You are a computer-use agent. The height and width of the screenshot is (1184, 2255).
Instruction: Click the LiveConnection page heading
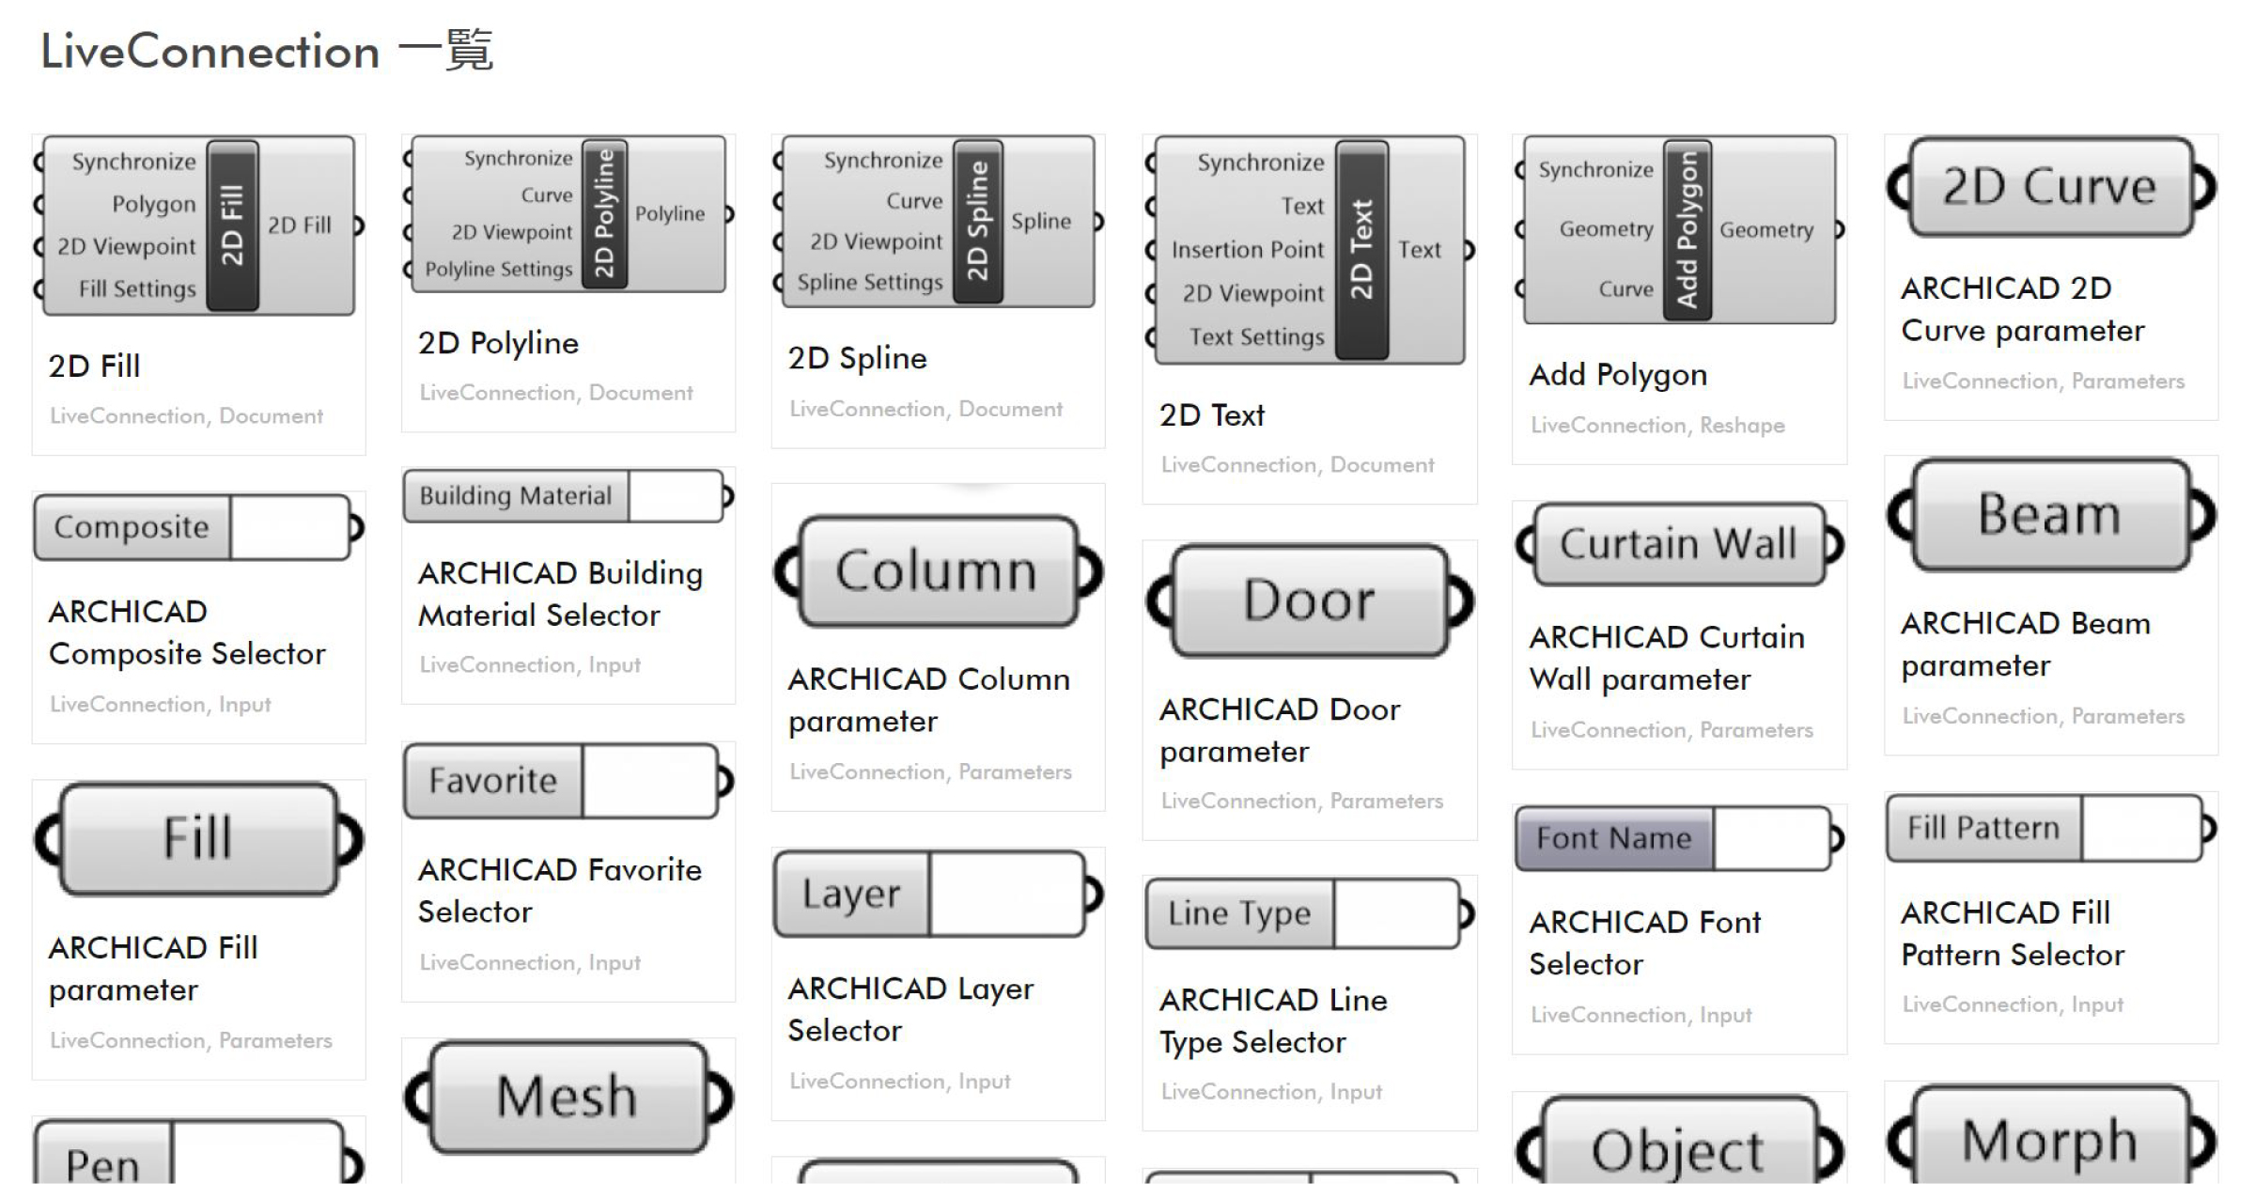coord(266,51)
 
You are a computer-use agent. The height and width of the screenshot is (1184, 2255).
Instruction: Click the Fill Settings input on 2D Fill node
coord(137,289)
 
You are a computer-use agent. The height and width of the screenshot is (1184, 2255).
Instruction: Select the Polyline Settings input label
coord(498,270)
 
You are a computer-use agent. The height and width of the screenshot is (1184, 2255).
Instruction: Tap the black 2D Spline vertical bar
coord(978,221)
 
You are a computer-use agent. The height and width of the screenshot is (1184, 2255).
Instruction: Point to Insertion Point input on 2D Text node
coord(1247,250)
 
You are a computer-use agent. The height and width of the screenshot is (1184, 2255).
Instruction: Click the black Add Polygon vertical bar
coord(1687,230)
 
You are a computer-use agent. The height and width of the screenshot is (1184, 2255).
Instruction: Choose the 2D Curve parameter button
coord(2049,187)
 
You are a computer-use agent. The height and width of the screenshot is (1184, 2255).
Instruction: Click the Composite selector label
coord(132,527)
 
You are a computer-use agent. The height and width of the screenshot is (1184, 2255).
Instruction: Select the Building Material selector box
coord(515,496)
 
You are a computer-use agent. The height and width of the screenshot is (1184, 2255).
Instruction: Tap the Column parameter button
coord(936,571)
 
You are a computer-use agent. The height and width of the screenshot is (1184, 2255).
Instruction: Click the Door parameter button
coord(1309,600)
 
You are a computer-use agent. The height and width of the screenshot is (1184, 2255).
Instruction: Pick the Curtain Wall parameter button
coord(1678,544)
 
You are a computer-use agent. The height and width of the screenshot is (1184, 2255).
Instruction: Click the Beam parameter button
coord(2049,515)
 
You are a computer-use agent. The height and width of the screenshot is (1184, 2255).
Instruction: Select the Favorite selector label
coord(493,781)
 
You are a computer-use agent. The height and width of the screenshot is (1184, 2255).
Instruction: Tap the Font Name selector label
coord(1613,837)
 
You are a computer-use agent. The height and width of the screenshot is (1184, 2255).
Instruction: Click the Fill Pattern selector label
coord(1983,828)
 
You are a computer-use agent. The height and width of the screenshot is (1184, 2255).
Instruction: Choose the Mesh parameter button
coord(567,1097)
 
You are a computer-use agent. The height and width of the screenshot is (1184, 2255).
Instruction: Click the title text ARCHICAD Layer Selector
coord(910,1009)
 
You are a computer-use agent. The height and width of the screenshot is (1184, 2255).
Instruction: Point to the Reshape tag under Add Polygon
coord(1742,426)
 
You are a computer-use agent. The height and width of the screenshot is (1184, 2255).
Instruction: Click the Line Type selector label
coord(1238,913)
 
